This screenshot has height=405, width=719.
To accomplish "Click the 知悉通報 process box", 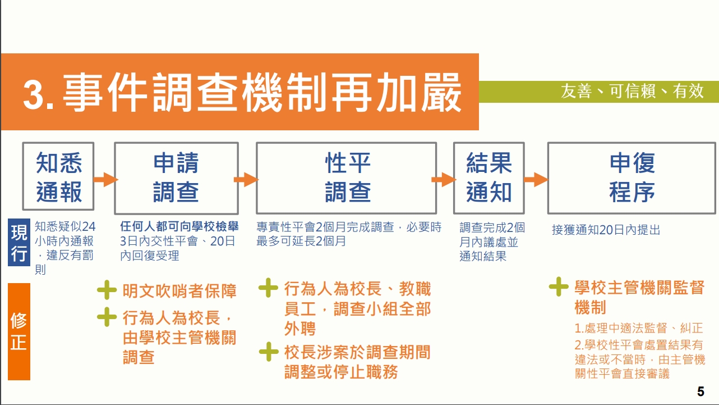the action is pos(58,176).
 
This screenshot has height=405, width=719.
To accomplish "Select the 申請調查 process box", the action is pos(176,178).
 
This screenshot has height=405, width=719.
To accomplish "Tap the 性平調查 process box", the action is pos(347,178).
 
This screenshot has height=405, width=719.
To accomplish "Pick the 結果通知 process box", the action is pos(489,178).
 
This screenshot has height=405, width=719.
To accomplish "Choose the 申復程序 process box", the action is pos(632,178).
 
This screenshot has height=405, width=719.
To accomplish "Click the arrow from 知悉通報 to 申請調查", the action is pos(105,179).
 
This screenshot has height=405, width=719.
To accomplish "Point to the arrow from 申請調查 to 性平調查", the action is pos(246,179).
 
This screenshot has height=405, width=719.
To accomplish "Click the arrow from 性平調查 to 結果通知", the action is pos(444,179).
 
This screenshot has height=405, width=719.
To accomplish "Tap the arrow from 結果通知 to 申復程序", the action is pos(536,179).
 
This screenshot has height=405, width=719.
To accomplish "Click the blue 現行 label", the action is pos(19,242).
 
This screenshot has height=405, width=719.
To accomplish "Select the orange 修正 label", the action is pos(19,331).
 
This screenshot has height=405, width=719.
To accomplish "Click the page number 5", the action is pos(700,392).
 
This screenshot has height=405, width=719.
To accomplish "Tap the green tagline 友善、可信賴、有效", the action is pos(632,92).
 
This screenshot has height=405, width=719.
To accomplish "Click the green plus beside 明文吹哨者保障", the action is pos(107,290).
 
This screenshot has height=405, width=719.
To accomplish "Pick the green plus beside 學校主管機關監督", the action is pos(559,286).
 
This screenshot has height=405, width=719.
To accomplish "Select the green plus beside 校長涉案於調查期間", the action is pos(269,352).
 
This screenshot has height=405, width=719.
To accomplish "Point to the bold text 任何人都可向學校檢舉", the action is pos(179,226).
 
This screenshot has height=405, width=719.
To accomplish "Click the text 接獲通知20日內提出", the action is pos(606,230).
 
